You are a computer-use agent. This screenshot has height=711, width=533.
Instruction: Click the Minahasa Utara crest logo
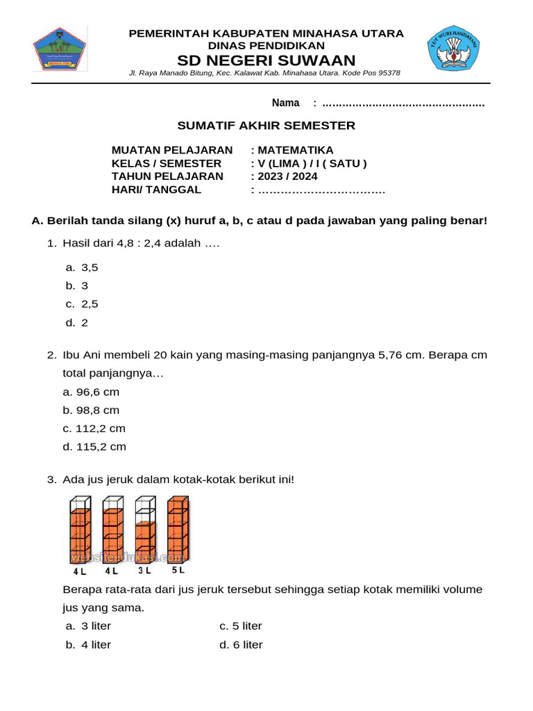(x=59, y=48)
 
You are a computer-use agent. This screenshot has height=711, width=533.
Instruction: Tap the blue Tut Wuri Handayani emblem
(x=452, y=48)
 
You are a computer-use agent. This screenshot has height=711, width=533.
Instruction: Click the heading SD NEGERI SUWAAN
(x=266, y=60)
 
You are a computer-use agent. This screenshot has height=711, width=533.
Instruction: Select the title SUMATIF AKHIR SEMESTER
(x=266, y=126)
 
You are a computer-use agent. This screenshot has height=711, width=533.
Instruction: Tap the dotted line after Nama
(x=403, y=103)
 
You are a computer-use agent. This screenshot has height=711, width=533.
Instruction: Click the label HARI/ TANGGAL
(x=157, y=190)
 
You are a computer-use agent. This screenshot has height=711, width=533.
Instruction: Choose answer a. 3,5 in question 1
(x=82, y=267)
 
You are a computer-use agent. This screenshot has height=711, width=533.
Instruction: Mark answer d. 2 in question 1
(x=77, y=323)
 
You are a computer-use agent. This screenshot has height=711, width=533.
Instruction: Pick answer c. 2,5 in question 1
(x=82, y=304)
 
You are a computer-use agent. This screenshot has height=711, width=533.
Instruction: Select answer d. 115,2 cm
(x=94, y=447)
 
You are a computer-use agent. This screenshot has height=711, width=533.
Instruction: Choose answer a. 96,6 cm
(x=91, y=392)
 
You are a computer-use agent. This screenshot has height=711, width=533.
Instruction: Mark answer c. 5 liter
(x=241, y=626)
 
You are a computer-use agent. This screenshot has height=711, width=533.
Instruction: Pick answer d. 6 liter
(x=241, y=645)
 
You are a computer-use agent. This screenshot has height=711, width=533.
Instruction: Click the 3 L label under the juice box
(x=144, y=571)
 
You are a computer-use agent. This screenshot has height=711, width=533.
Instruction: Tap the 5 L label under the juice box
(x=178, y=570)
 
